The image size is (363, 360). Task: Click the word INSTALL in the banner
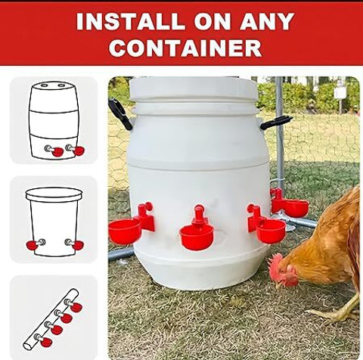[x=130, y=21]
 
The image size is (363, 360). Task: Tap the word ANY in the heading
[x=267, y=21]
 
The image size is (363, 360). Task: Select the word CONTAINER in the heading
[x=185, y=48]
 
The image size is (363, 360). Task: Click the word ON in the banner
[x=212, y=21]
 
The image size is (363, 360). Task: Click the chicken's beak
[x=279, y=285]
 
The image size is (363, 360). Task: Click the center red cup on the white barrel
[x=197, y=237]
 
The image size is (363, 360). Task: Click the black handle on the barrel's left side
[x=119, y=113]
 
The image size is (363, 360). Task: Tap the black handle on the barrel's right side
[x=276, y=122]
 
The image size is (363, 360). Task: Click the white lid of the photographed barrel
[x=194, y=88]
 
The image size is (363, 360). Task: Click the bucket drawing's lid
[x=54, y=194]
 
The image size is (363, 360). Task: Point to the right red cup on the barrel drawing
[x=79, y=151]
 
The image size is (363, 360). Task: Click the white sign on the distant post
[x=340, y=92]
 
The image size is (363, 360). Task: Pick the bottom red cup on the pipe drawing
[x=46, y=342]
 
